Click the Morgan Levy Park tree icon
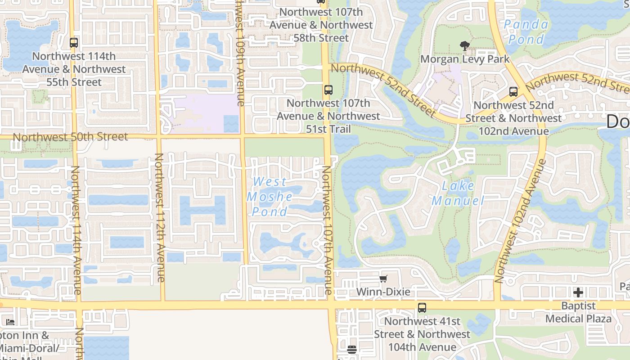click(465, 45)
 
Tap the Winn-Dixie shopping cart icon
click(383, 279)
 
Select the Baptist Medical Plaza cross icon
click(578, 292)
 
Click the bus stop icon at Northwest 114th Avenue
click(74, 43)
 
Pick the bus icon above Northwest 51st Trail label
click(328, 90)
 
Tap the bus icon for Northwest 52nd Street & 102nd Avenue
click(513, 92)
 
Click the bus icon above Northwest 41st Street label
click(422, 308)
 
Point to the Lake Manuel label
click(458, 193)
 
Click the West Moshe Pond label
click(270, 197)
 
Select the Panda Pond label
click(526, 31)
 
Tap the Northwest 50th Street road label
click(71, 137)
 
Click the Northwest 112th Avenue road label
click(159, 218)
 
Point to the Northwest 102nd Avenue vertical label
click(520, 220)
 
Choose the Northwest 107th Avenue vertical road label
click(327, 229)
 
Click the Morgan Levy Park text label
click(465, 59)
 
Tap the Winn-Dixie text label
click(383, 292)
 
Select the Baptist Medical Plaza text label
click(578, 312)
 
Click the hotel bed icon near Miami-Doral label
click(10, 322)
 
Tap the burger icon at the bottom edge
click(352, 349)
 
